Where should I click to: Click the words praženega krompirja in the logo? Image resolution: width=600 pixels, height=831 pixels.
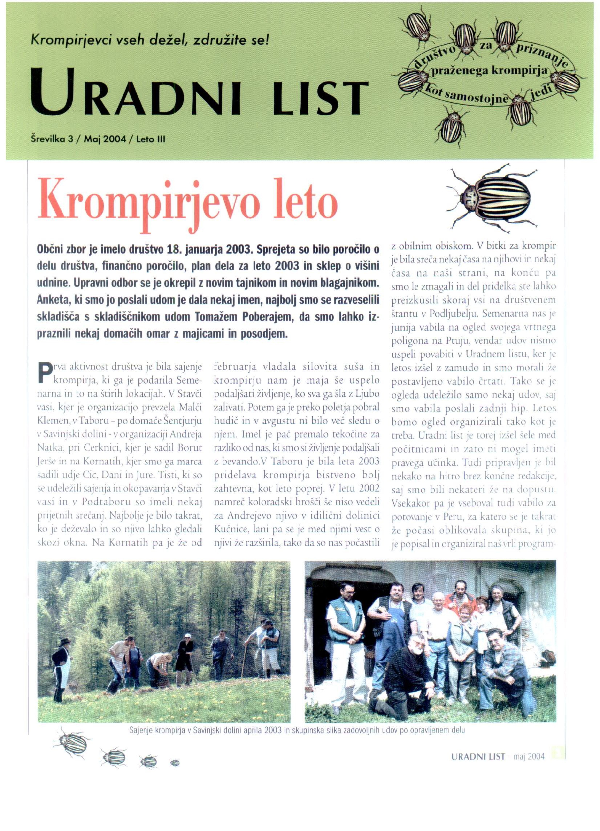[490, 71]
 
